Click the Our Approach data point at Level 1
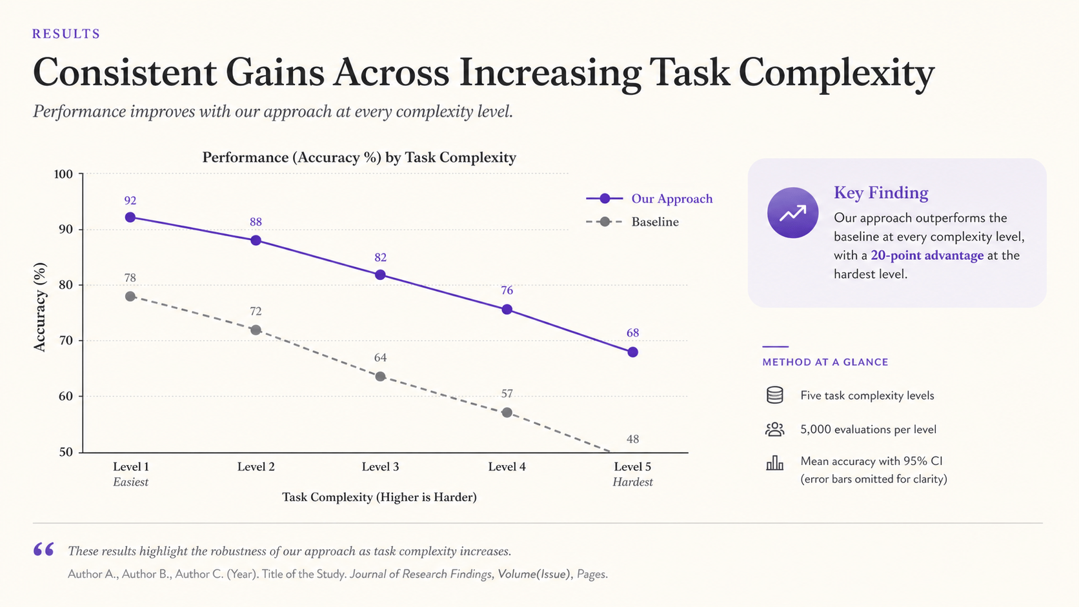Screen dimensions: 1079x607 coord(130,217)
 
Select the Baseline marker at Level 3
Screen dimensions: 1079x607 coord(380,377)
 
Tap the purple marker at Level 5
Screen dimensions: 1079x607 coord(633,352)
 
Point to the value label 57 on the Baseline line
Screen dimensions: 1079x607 coord(507,393)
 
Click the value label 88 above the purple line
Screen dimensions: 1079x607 coord(256,222)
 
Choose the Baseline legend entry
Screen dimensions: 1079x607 coord(632,222)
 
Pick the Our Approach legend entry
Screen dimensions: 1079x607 coord(649,199)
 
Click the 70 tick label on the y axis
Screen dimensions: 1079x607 coord(66,341)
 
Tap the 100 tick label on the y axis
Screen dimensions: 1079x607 coord(63,174)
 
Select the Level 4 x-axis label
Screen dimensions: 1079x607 coord(507,466)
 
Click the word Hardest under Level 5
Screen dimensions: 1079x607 coord(632,482)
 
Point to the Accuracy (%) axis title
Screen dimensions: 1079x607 coord(40,307)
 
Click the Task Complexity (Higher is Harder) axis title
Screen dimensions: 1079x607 coord(379,497)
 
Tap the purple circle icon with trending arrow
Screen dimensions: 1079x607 coord(793,213)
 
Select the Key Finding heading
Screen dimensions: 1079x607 coord(881,192)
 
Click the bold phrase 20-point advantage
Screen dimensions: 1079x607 coord(927,255)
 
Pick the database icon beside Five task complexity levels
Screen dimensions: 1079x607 coord(774,395)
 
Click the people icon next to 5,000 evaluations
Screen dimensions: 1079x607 coord(774,429)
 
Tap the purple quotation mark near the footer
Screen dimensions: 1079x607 coord(43,549)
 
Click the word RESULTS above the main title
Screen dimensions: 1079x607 coord(66,34)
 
